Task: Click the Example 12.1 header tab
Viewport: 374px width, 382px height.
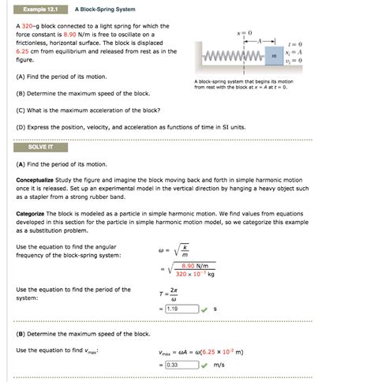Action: (39, 9)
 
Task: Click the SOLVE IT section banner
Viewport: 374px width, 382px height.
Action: (39, 148)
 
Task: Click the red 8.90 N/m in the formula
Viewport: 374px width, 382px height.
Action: (194, 265)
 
